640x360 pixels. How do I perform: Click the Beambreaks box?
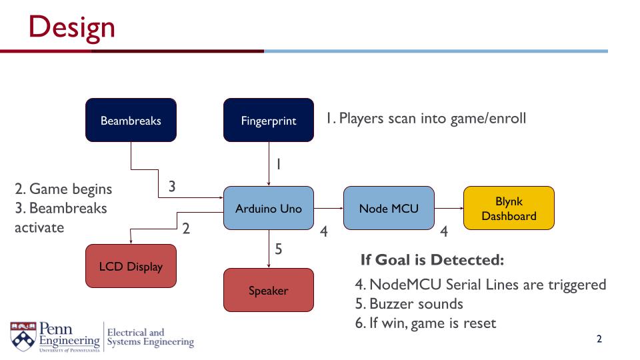coord(131,121)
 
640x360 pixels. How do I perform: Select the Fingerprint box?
coord(268,121)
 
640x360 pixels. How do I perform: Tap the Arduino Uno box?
coord(268,209)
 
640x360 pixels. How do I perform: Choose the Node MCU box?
coord(389,209)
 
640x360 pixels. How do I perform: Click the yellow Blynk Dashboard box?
coord(509,209)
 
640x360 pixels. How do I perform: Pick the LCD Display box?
coord(131,267)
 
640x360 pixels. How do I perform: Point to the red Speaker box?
coord(268,291)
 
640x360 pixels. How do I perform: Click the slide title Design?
coord(72,27)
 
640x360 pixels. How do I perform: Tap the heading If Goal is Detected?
coord(432,259)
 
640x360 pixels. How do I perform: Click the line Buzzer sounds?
coord(409,304)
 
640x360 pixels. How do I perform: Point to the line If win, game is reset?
coord(425,323)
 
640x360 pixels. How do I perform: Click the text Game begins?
coord(63,189)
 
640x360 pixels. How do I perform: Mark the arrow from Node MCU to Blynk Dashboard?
coord(449,209)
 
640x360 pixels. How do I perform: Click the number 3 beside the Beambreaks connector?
coord(172,187)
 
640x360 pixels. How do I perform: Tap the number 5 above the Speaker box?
coord(279,249)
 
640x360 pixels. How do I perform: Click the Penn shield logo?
coord(23,336)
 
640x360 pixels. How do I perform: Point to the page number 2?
coord(599,339)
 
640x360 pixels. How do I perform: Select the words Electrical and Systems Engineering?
coord(150,337)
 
